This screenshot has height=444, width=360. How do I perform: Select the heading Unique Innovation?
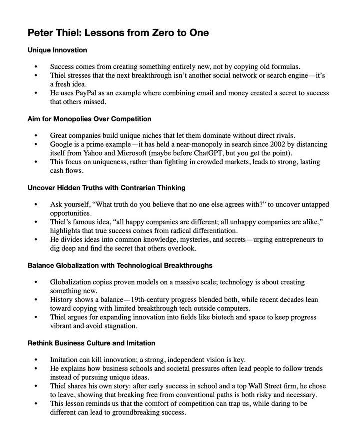57,50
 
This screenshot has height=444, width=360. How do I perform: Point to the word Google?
61,144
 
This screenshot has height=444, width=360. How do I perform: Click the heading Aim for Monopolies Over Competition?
89,119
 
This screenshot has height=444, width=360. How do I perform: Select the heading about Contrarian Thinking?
106,188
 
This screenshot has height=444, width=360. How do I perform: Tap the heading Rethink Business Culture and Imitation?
91,343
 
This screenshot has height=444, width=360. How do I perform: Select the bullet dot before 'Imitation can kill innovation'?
36,360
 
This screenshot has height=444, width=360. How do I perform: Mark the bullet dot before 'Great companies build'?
36,136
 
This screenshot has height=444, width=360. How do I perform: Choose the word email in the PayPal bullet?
198,93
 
